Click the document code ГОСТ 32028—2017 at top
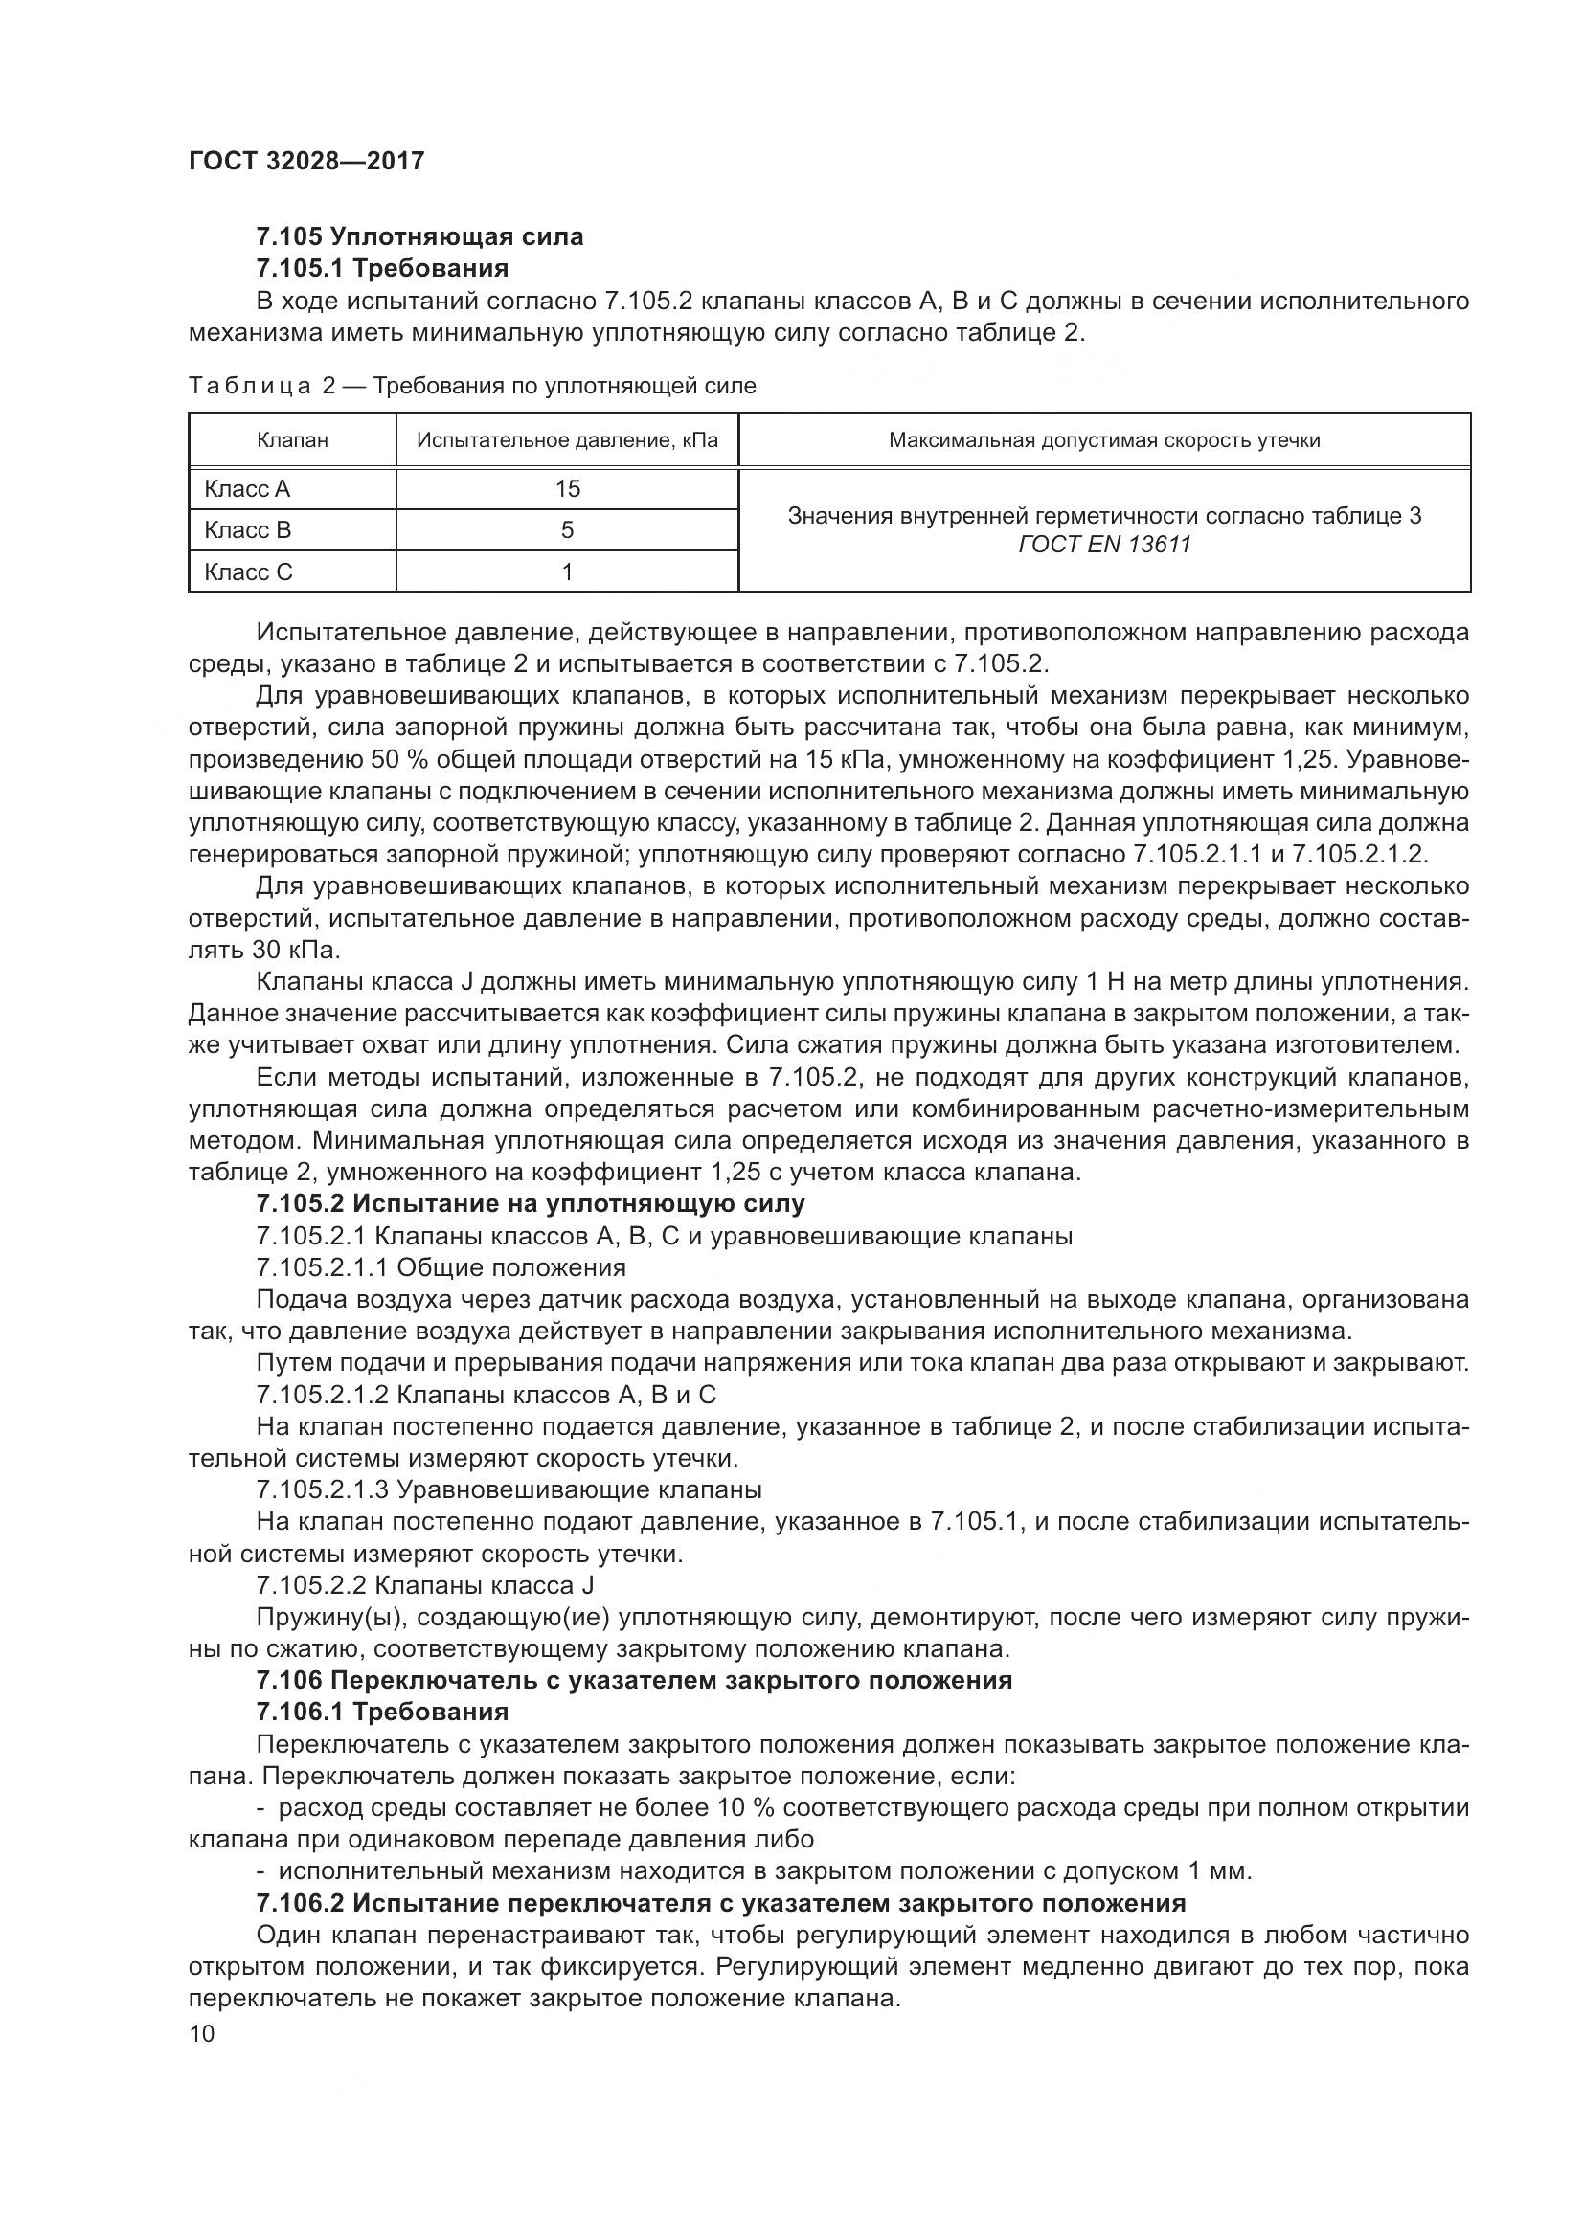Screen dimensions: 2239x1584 306,161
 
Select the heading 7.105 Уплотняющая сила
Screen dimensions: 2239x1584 419,236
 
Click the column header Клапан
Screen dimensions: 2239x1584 293,440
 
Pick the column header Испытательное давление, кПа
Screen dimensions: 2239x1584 567,440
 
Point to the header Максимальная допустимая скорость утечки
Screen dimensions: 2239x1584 1104,440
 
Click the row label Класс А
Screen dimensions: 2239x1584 248,489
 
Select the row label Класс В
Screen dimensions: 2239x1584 248,530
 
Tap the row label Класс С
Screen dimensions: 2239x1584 248,572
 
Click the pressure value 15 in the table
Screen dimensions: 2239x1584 567,489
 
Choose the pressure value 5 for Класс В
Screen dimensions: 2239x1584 567,530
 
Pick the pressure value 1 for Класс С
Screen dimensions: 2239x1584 567,572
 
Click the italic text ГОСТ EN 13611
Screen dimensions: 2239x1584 1104,545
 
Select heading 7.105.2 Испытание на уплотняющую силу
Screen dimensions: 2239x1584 531,1204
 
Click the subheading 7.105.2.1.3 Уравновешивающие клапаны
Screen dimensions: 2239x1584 509,1490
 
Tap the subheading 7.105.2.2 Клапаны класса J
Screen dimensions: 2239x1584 425,1585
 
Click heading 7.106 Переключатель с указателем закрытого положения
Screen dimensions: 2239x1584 634,1680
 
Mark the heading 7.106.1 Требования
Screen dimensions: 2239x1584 382,1712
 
